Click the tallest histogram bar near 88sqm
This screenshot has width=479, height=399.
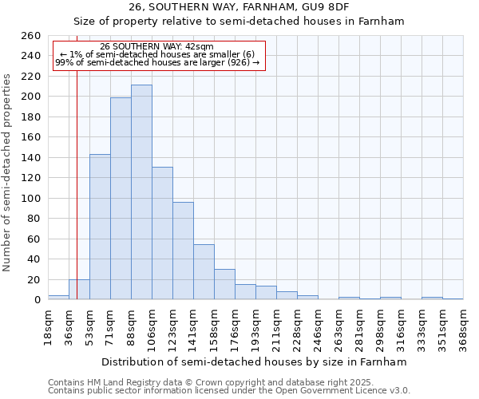pos(141,192)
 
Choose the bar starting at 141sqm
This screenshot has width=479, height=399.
pos(204,272)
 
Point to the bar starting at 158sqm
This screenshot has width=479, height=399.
pos(224,284)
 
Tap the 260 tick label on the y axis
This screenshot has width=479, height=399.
pos(31,36)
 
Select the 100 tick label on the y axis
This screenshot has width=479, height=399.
pos(31,198)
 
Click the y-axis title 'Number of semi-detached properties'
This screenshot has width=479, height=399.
pos(8,172)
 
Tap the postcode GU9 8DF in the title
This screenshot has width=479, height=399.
pos(329,7)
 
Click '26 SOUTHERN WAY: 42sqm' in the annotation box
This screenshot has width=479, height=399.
pos(156,47)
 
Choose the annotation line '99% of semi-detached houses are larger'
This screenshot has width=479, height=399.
pos(156,62)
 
